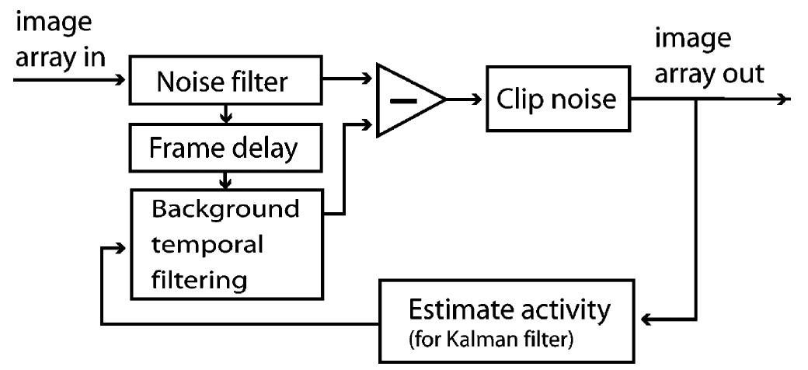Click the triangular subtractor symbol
tap(408, 100)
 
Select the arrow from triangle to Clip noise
tap(465, 99)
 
